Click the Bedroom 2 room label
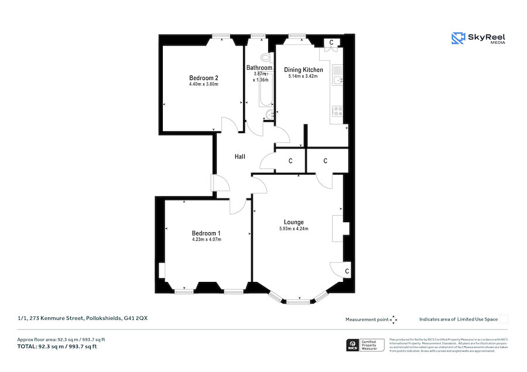[x=203, y=78]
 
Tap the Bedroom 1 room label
[x=206, y=232]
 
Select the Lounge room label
[x=293, y=222]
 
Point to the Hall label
[x=239, y=157]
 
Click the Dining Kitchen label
[x=303, y=70]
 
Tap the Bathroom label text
[x=259, y=68]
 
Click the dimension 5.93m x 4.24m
[x=293, y=229]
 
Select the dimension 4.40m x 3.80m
[x=203, y=85]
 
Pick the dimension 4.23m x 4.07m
[x=206, y=239]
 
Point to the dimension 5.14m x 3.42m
[x=303, y=77]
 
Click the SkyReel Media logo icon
[x=458, y=38]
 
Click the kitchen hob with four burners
[x=337, y=112]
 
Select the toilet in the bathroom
[x=266, y=58]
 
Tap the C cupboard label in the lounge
[x=347, y=271]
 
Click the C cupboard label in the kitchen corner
[x=331, y=43]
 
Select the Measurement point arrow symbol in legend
[x=393, y=319]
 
